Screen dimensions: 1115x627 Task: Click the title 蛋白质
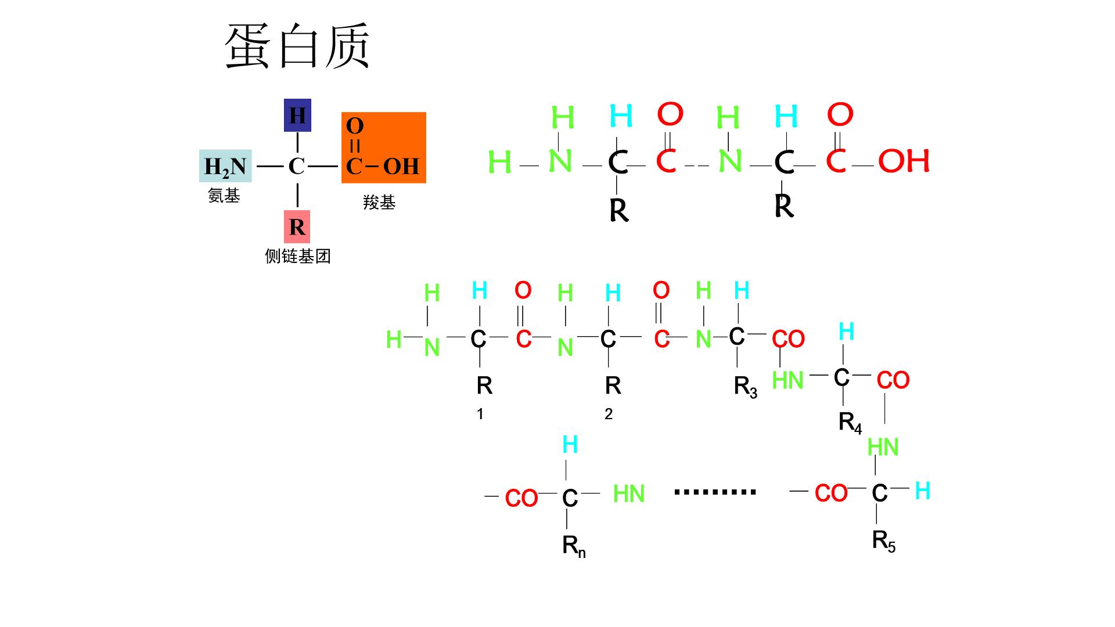(297, 46)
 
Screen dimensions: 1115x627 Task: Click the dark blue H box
(297, 116)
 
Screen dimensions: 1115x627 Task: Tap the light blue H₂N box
(225, 166)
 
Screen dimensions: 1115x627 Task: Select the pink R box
(297, 226)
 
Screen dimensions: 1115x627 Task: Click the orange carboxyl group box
(384, 147)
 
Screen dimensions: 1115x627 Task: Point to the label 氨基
(224, 196)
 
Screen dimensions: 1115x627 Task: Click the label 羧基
(379, 203)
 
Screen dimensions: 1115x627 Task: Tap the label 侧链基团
(298, 256)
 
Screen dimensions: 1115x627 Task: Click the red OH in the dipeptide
(904, 161)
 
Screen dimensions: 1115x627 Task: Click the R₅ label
(884, 542)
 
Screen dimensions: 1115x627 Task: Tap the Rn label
(574, 547)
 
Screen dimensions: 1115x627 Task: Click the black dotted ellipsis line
(715, 492)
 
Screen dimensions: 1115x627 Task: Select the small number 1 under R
(480, 414)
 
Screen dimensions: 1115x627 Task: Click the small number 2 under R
(609, 414)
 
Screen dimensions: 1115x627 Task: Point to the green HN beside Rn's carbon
(629, 494)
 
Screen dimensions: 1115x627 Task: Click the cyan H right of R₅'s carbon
(922, 491)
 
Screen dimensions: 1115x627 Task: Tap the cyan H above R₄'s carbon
(847, 331)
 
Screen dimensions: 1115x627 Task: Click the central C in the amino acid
(297, 167)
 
